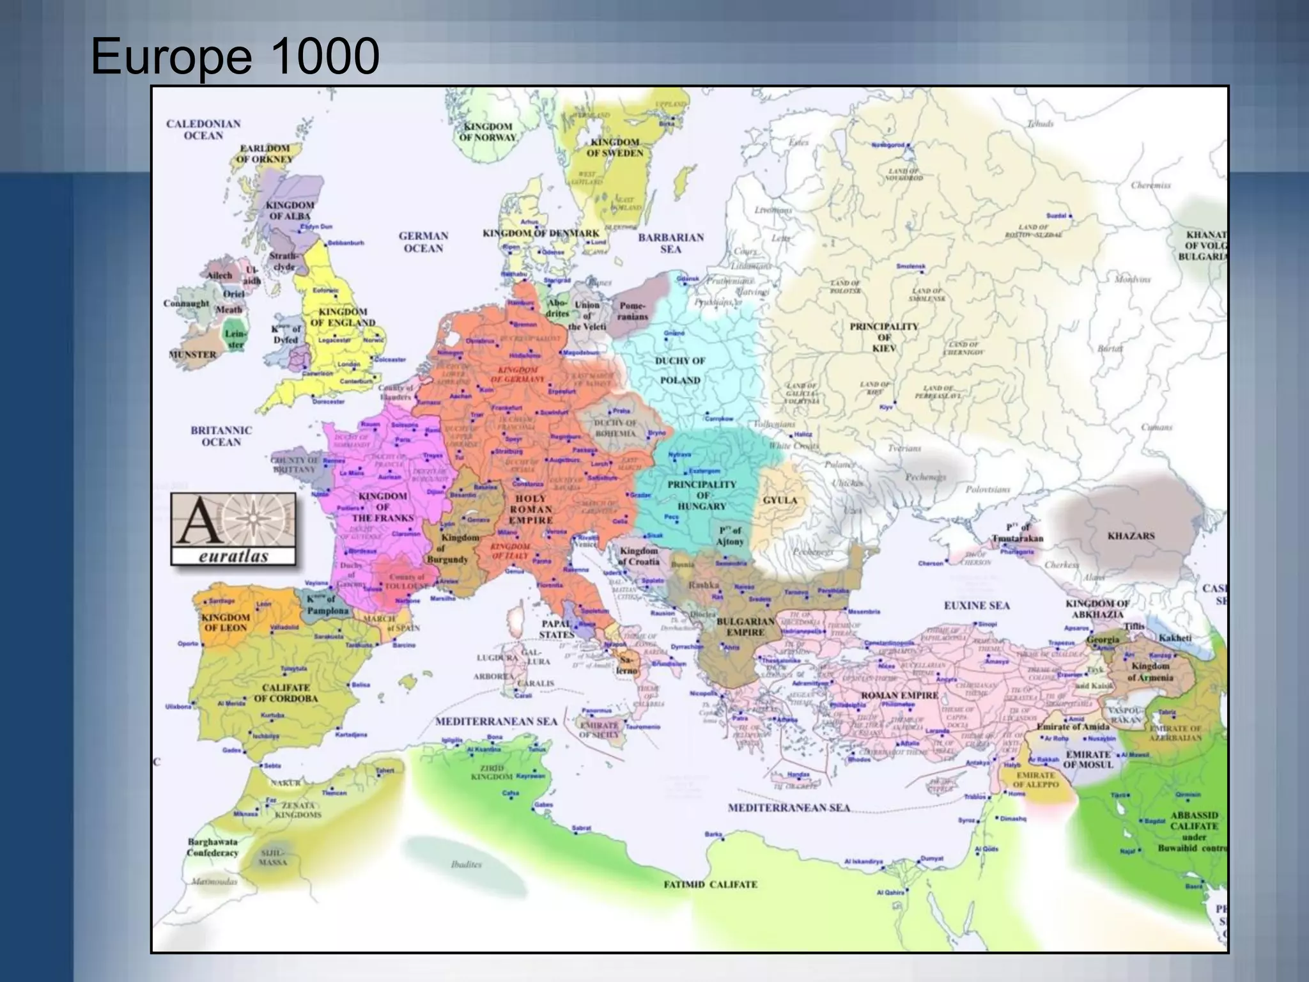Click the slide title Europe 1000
coord(235,56)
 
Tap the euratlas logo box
coord(233,529)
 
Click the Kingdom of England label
coord(343,317)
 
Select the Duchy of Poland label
coord(680,370)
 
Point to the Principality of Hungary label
coord(702,495)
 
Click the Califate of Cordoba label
coord(286,692)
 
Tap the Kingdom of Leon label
coord(226,622)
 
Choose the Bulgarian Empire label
coord(745,627)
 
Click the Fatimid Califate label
coord(710,884)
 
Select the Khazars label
coord(1131,536)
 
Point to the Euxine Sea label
coord(977,605)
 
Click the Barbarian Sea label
coord(670,243)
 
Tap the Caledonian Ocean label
coord(203,130)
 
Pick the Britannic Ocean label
coord(221,436)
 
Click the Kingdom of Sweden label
coord(615,148)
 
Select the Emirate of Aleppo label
coord(1036,779)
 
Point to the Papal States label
coord(556,629)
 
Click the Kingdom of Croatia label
coord(639,556)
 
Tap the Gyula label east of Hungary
coord(780,500)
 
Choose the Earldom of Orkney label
coord(265,153)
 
